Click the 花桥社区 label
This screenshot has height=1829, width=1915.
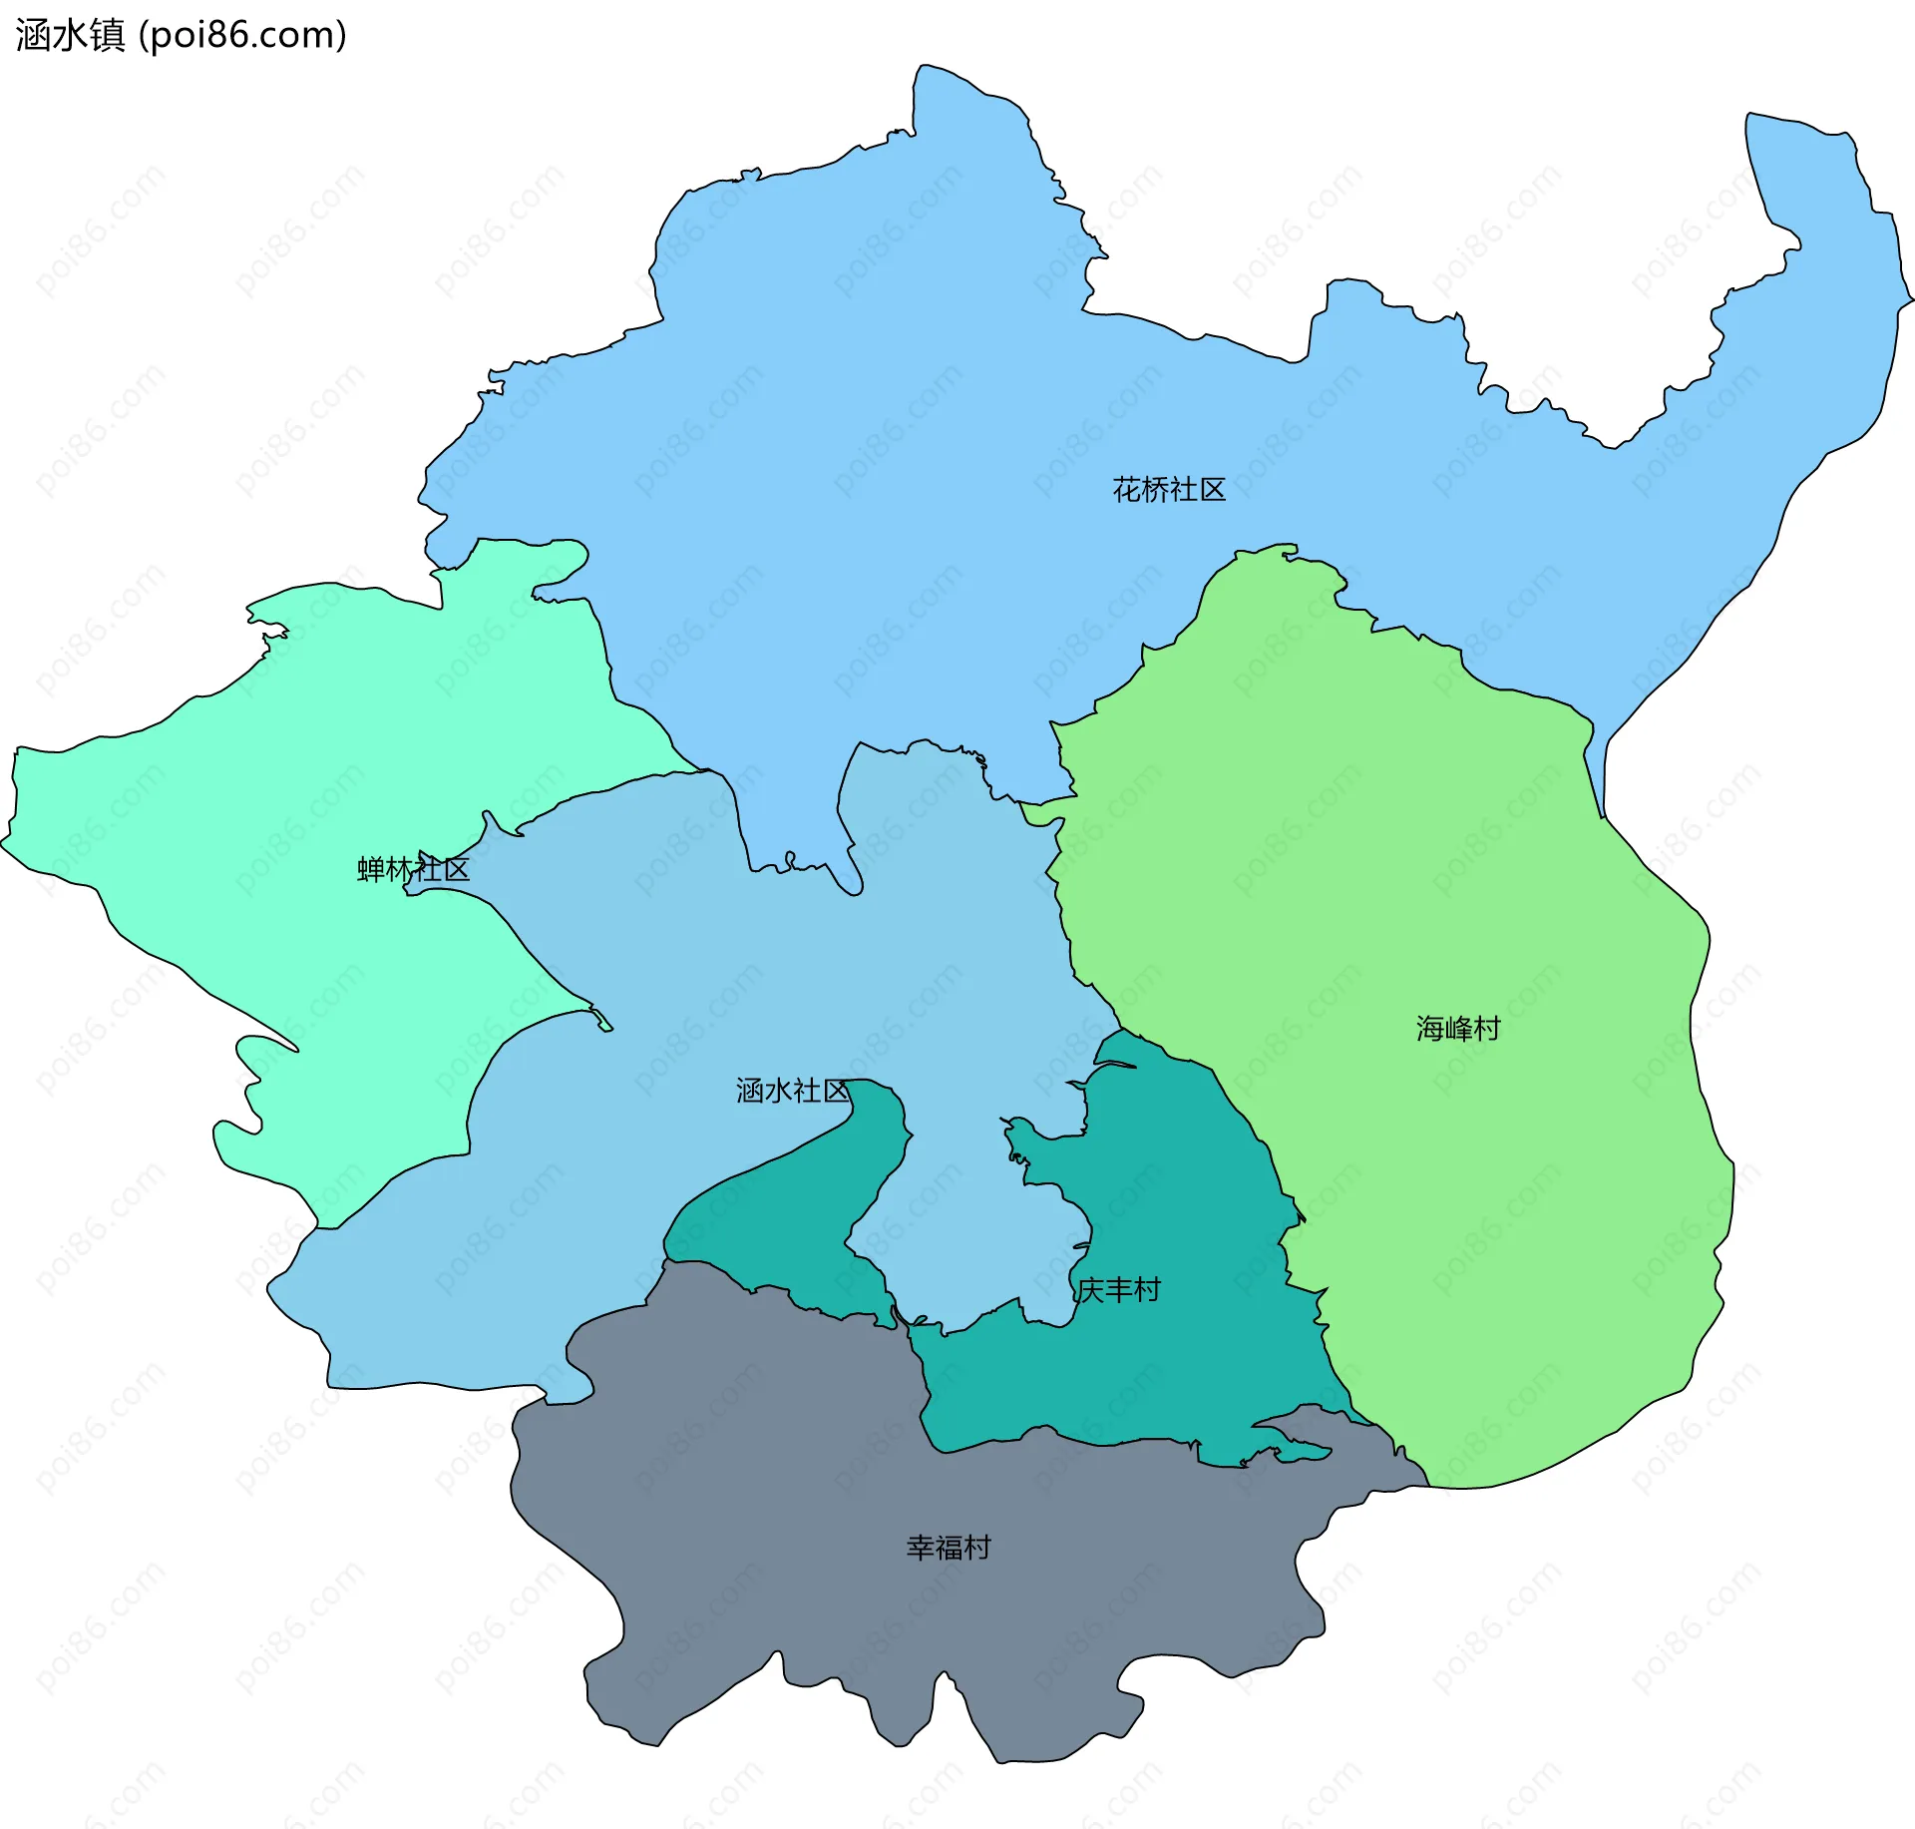[x=1168, y=490]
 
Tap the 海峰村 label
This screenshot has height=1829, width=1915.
[x=1457, y=1029]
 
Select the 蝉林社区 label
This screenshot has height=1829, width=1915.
[x=413, y=869]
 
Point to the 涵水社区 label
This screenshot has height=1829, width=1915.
[x=792, y=1091]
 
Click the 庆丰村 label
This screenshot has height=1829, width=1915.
[x=1118, y=1290]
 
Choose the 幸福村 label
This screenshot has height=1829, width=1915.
[x=948, y=1548]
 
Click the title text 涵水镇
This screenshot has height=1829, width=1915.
[x=70, y=35]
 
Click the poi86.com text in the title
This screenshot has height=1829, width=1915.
[x=242, y=35]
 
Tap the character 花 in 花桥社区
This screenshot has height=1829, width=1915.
[x=1127, y=490]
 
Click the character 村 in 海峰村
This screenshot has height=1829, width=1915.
[x=1486, y=1029]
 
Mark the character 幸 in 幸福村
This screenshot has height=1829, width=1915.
[x=920, y=1548]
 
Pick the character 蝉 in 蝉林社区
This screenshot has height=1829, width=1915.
[x=371, y=869]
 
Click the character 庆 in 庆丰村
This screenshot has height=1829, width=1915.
[x=1090, y=1290]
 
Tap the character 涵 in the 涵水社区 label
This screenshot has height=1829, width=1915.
[x=750, y=1091]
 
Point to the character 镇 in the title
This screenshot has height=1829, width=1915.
[x=107, y=35]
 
